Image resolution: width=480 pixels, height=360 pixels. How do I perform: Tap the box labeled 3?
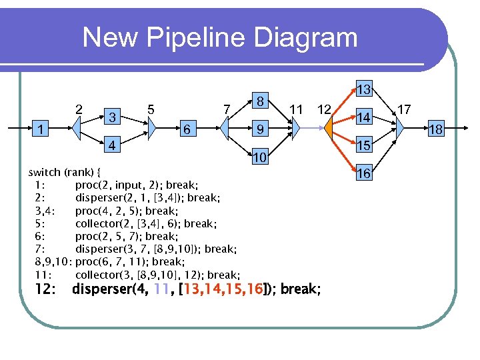coord(114,117)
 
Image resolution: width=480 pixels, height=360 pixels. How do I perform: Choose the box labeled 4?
coord(114,145)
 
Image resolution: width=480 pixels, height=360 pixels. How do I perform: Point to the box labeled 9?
coord(262,129)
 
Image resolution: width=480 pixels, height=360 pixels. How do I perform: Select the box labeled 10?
coord(261,157)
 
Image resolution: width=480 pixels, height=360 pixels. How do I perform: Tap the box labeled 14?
coord(363,117)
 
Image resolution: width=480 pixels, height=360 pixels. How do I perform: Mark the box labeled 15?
coord(363,145)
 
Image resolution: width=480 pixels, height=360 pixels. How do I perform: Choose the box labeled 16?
coord(363,173)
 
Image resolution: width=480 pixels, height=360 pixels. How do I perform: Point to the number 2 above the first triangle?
coord(79,109)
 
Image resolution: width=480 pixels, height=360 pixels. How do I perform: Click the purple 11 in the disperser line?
coord(160,290)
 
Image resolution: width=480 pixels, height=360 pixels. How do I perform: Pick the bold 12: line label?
coord(49,290)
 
